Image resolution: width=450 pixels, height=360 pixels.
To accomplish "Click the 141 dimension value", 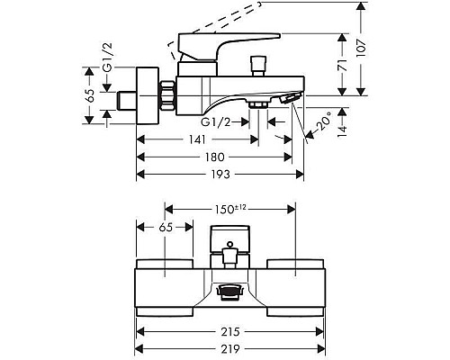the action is pyautogui.click(x=197, y=139).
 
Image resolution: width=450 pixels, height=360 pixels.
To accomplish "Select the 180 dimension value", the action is pyautogui.click(x=215, y=157).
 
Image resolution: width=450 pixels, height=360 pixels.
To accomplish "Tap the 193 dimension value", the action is pyautogui.click(x=220, y=174).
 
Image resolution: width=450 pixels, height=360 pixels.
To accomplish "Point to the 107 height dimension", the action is pyautogui.click(x=362, y=49).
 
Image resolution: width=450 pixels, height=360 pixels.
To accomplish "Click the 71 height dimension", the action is pyautogui.click(x=342, y=66).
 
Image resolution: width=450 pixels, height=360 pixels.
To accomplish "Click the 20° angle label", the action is pyautogui.click(x=324, y=121).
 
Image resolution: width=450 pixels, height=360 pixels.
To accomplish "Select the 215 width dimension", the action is pyautogui.click(x=230, y=331).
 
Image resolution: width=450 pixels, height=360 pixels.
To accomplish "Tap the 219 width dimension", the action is pyautogui.click(x=230, y=349).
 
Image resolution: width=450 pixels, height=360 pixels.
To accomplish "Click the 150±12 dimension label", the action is pyautogui.click(x=230, y=209).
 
